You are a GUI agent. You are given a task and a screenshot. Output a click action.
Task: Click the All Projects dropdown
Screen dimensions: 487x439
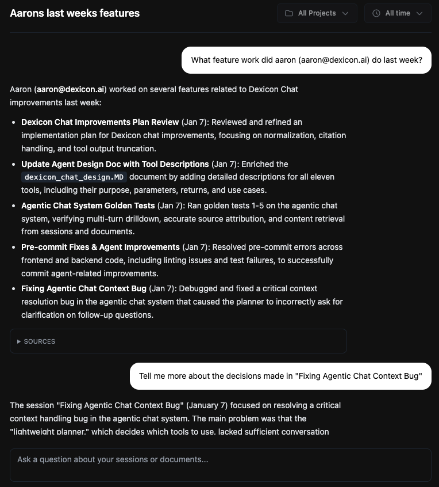(317, 13)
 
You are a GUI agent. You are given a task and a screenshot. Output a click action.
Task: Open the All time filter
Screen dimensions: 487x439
(397, 13)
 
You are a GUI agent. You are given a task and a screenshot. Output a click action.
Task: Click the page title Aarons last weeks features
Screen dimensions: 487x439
(75, 13)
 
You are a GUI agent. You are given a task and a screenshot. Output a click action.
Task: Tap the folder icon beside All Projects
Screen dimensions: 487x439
(289, 13)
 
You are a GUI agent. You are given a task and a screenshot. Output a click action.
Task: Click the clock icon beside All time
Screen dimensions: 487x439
(376, 13)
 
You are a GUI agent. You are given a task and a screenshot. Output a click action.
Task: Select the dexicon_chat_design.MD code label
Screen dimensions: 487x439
(75, 177)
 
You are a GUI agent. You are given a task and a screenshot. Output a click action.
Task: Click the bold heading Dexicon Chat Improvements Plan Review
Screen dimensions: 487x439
(100, 122)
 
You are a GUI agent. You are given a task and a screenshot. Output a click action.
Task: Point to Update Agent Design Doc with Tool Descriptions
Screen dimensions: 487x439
(115, 164)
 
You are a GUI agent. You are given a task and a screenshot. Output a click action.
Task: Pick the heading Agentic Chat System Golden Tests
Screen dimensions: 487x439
(88, 206)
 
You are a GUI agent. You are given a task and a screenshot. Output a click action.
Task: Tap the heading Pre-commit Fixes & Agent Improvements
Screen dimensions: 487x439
(101, 247)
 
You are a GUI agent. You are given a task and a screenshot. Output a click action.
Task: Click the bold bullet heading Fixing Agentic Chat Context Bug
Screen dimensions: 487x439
(84, 288)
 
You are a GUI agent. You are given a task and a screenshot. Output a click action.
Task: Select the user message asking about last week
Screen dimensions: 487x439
(306, 60)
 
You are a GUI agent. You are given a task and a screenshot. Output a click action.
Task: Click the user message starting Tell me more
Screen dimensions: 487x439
(280, 376)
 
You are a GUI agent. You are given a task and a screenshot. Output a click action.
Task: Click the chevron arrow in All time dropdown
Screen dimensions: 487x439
(419, 13)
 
